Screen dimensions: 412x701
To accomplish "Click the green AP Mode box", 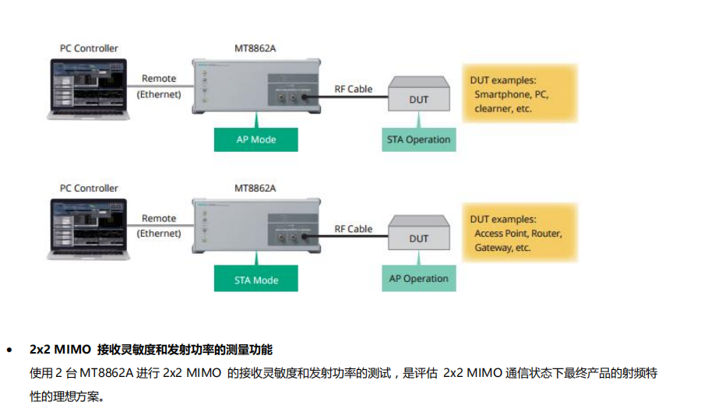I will tap(256, 140).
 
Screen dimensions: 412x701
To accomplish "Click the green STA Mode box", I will tap(256, 280).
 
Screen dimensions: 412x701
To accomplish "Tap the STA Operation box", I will tap(418, 140).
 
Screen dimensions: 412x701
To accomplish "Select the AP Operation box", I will tap(418, 279).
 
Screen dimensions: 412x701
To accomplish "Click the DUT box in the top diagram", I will tap(418, 99).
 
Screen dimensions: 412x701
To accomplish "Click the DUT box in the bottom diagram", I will tap(418, 238).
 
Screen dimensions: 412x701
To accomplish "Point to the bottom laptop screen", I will tap(90, 223).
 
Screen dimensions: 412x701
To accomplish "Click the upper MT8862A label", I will tap(255, 48).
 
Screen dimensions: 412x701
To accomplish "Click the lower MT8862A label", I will tap(255, 188).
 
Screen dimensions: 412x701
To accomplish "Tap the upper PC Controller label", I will tap(89, 48).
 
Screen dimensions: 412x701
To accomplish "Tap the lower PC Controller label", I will tap(89, 188).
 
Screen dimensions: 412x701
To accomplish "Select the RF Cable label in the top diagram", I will tap(354, 89).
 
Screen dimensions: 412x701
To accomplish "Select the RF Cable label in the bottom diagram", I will tap(354, 229).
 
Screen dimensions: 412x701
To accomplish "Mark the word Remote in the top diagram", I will tap(159, 79).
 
